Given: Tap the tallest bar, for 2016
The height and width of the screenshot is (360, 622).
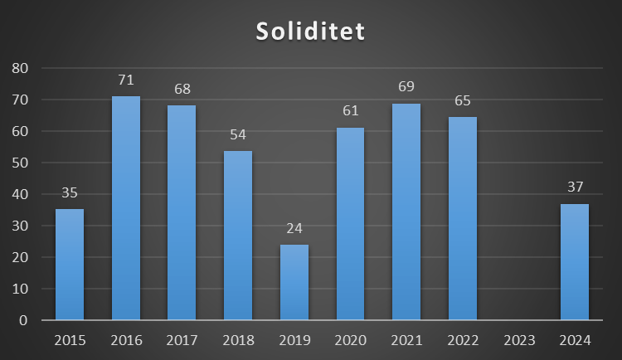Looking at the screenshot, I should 126,208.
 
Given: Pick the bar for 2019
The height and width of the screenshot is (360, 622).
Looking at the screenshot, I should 294,282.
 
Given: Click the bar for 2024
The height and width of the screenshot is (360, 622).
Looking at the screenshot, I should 575,261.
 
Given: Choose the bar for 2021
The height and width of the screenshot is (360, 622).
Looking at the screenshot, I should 406,212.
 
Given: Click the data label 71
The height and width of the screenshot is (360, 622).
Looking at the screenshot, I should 126,80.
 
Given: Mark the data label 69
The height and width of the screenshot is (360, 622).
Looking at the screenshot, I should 406,87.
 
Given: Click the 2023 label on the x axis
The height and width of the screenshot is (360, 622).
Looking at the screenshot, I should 518,339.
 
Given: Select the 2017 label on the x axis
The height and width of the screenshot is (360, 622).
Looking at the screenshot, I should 182,339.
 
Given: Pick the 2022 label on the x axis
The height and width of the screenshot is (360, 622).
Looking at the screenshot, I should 463,339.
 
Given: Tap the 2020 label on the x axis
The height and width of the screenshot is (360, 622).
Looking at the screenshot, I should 350,339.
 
